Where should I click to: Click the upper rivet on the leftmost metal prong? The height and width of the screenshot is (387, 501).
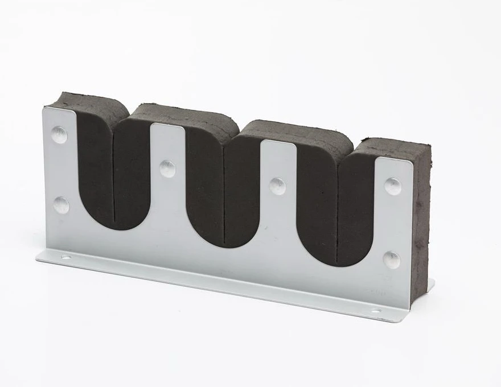pyautogui.click(x=59, y=134)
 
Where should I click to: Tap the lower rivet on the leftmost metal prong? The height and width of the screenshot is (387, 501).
pyautogui.click(x=61, y=205)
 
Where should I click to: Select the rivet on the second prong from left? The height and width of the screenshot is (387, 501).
pyautogui.click(x=167, y=168)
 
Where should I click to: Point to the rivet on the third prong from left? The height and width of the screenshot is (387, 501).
pyautogui.click(x=277, y=186)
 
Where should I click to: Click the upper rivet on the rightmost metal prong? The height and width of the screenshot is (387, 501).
pyautogui.click(x=393, y=186)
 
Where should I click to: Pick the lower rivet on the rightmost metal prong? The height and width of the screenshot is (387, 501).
pyautogui.click(x=391, y=259)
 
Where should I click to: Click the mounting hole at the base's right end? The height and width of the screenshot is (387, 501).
pyautogui.click(x=376, y=311)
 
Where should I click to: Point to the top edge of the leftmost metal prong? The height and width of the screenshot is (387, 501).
pyautogui.click(x=59, y=110)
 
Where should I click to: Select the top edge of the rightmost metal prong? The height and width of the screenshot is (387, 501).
pyautogui.click(x=393, y=160)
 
